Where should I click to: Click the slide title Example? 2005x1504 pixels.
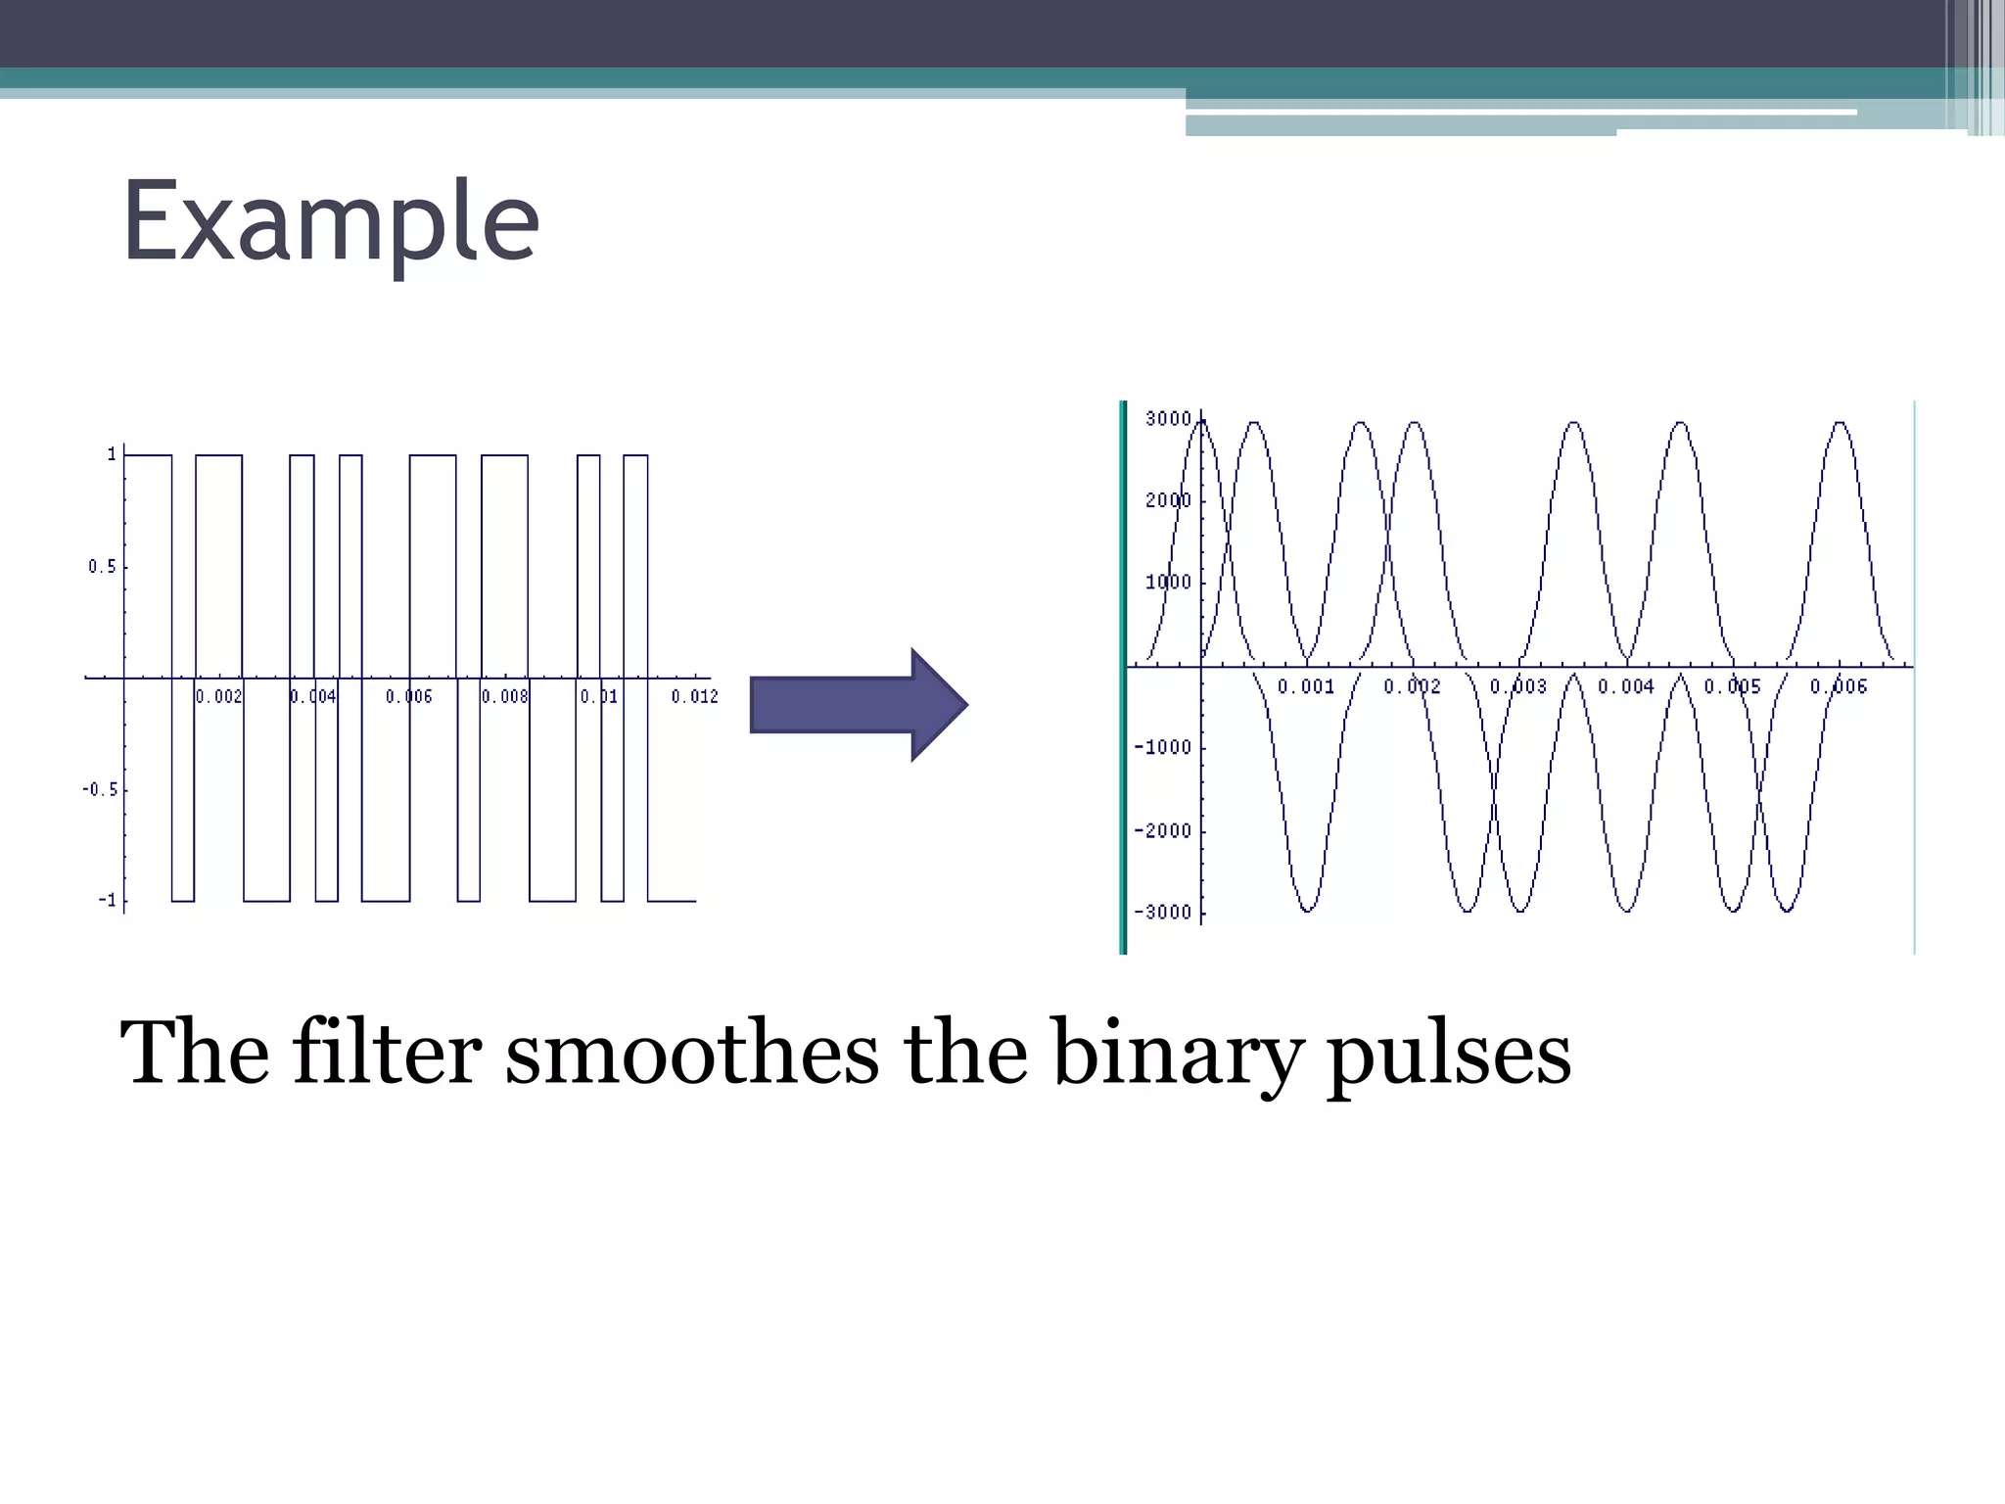330,223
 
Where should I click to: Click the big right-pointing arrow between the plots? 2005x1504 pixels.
858,704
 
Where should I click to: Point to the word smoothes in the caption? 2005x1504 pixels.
691,1054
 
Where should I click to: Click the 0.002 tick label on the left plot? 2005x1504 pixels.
218,696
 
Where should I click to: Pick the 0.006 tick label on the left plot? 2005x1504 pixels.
408,696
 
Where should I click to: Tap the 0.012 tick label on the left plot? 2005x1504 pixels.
694,696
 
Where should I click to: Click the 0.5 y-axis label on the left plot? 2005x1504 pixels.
102,567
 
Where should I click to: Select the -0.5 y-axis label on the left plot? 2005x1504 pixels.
99,789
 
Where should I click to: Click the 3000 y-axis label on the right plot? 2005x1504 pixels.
1168,419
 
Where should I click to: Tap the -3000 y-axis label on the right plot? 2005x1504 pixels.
1163,913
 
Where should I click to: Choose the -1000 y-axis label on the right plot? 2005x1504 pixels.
1163,747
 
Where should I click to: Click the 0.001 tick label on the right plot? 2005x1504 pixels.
1306,686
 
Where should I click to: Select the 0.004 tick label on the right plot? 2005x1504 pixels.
1626,686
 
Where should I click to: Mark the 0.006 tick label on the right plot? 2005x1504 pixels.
1839,686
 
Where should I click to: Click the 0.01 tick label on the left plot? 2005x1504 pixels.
599,696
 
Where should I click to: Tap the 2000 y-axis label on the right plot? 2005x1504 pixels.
1168,500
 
